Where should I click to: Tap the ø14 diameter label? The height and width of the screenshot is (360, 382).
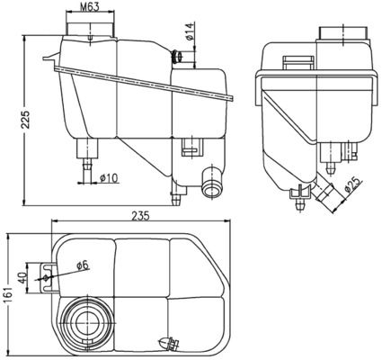(189, 38)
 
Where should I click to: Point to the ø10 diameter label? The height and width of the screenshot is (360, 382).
(111, 177)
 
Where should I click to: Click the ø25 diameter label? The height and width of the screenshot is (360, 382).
(352, 186)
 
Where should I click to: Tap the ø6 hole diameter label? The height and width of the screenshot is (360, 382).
(81, 265)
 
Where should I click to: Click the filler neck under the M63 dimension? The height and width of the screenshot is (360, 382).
(90, 32)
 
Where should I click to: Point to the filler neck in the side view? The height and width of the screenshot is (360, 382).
(343, 33)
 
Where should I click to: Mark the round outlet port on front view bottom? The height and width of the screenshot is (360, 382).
(212, 187)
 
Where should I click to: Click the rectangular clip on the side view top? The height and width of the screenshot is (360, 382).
(294, 62)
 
